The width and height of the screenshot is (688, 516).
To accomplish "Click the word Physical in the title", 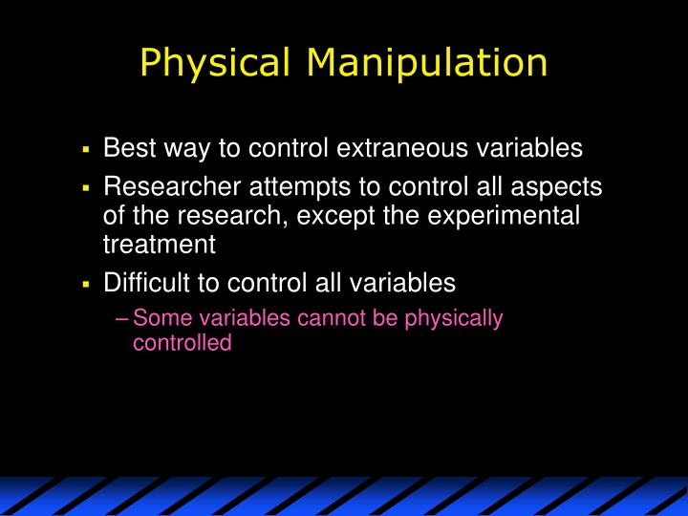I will [214, 63].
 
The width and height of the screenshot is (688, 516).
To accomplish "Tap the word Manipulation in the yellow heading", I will [427, 63].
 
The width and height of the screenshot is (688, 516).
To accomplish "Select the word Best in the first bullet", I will [125, 148].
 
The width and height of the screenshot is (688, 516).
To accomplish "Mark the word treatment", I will [159, 244].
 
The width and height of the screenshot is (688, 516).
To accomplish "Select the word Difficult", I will [146, 283].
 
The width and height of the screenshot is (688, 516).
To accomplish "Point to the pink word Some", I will [159, 318].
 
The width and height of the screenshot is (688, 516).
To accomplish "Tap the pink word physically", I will [454, 318].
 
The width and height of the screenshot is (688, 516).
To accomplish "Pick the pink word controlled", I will [182, 342].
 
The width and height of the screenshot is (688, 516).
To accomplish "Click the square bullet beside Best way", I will [85, 150].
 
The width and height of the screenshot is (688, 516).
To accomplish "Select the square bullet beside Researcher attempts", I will [85, 188].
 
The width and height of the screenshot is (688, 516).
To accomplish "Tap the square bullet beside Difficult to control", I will [85, 285].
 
